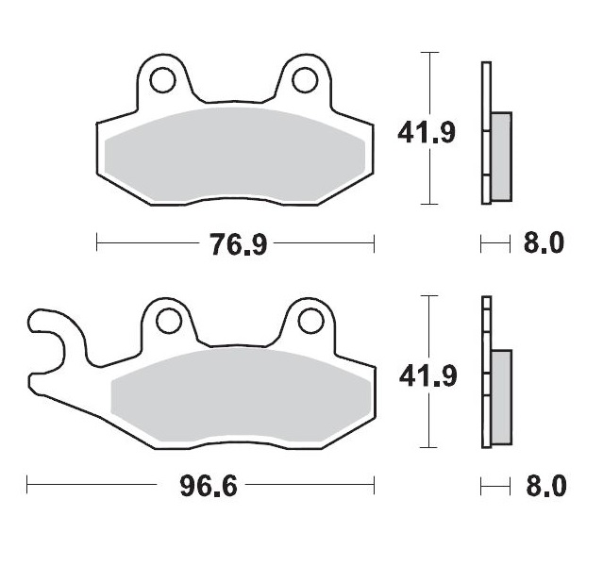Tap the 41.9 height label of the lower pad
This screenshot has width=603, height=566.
(x=427, y=376)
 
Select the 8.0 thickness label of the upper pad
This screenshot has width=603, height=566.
(x=544, y=244)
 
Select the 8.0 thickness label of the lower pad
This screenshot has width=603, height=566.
(x=544, y=487)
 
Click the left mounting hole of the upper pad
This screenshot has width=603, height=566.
(x=162, y=80)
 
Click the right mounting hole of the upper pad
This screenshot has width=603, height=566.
(x=305, y=80)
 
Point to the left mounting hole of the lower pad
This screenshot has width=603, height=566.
(x=169, y=323)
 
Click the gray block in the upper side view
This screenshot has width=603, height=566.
(x=501, y=156)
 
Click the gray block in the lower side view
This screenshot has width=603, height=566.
(x=501, y=397)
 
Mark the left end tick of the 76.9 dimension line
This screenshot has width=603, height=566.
(x=98, y=244)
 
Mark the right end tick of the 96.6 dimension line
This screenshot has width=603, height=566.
(x=376, y=487)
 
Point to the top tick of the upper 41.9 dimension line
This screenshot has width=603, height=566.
(x=431, y=53)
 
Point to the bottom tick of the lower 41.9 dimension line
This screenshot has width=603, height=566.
(x=431, y=447)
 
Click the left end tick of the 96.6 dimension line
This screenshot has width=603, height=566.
(x=28, y=487)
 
